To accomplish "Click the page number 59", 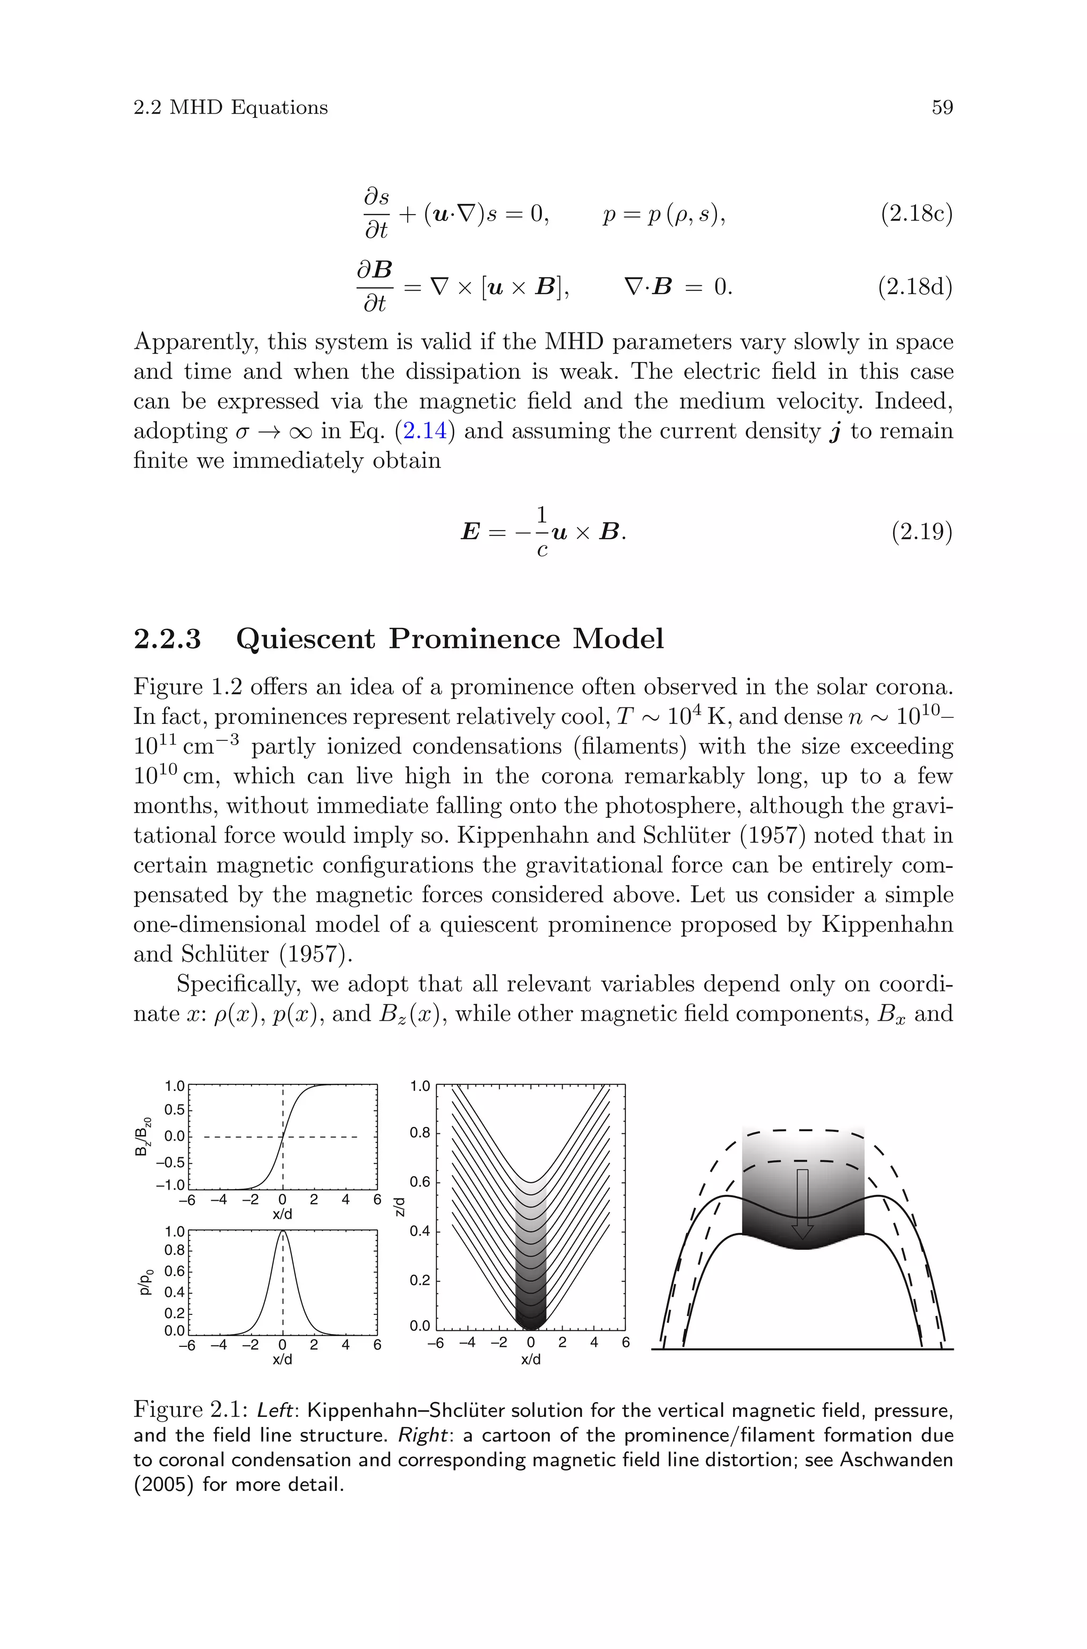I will pos(942,107).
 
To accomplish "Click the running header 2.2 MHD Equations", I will pos(230,107).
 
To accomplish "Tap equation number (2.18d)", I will pos(915,286).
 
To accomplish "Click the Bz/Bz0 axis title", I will pos(142,1137).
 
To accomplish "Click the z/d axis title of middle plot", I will pos(399,1207).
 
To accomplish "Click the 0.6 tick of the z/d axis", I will pos(421,1182).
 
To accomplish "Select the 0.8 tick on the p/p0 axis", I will pos(174,1250).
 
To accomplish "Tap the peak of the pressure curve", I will pos(283,1232).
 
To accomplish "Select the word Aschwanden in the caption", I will pos(896,1460).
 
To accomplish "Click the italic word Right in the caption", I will pos(421,1435).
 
